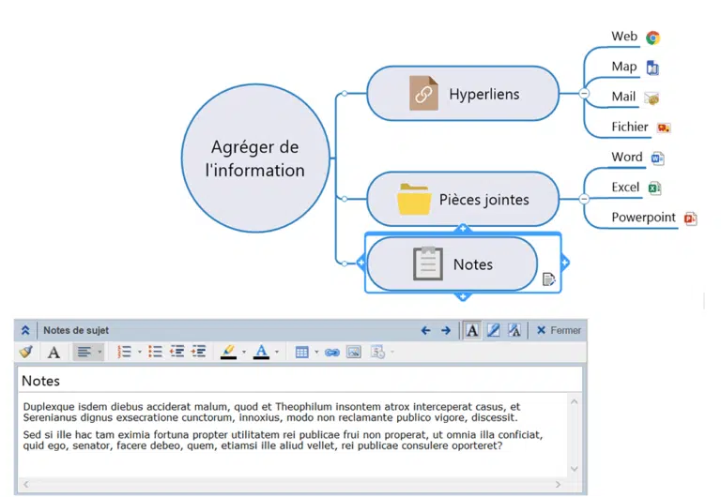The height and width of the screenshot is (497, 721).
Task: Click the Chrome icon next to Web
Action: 652,38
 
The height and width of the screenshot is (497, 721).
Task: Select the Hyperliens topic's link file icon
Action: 423,93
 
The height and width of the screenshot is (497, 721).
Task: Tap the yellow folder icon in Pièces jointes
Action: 414,200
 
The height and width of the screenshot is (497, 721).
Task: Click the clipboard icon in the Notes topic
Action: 428,264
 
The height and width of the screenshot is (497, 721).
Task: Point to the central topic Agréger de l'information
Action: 255,158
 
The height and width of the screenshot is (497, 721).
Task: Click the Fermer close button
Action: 559,330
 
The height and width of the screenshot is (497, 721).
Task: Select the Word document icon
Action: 657,158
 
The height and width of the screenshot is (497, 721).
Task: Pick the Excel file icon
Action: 654,188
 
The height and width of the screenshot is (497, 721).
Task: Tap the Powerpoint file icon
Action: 690,218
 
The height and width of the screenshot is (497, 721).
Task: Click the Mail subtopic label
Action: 623,97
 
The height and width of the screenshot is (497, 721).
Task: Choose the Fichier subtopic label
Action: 630,127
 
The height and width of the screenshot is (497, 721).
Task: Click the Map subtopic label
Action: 624,67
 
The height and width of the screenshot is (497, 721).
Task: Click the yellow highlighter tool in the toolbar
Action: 228,352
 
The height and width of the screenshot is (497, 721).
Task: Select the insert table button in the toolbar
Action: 301,353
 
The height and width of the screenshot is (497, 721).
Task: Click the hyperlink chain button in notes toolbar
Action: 332,353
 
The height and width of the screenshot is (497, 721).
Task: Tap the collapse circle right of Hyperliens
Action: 584,93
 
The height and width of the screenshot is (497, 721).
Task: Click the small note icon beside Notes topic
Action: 548,279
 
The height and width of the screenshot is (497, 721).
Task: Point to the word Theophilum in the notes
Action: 303,407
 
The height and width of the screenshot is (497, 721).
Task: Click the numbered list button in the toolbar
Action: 124,352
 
